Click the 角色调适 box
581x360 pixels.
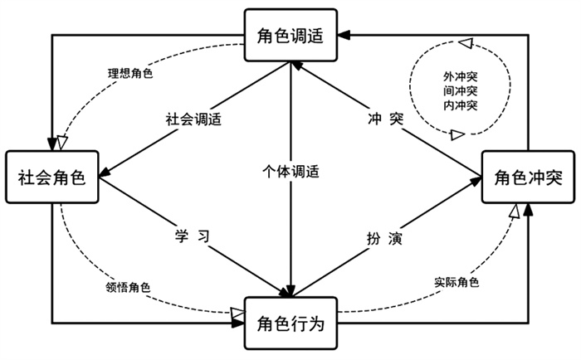click(x=290, y=35)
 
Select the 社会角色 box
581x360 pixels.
click(x=51, y=177)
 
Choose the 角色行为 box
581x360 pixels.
click(x=290, y=321)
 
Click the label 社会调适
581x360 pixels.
click(x=193, y=118)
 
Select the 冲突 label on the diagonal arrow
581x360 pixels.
click(x=385, y=118)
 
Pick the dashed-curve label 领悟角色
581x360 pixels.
click(x=129, y=287)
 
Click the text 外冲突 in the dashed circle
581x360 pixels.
click(x=460, y=77)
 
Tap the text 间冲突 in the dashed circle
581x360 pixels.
click(x=460, y=91)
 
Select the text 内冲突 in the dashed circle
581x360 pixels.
click(x=460, y=105)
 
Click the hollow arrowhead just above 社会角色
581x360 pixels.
click(x=63, y=143)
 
